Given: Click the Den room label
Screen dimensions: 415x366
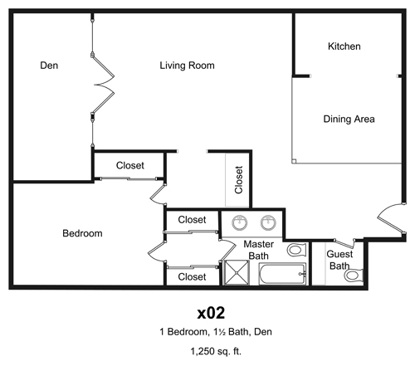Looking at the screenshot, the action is [x=49, y=66].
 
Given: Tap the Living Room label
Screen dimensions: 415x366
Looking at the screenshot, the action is [x=187, y=66].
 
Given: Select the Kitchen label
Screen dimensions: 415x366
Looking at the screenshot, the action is [x=344, y=46].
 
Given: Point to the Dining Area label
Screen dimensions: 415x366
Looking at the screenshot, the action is [x=349, y=119].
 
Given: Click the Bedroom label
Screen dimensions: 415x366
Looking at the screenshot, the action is [x=82, y=233].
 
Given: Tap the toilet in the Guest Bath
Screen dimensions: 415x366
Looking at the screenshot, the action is [x=354, y=275].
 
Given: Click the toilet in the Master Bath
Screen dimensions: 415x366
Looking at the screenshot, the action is [x=296, y=250].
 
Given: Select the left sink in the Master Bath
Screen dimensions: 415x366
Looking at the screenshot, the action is [x=240, y=222].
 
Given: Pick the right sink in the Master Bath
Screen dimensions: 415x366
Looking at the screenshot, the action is [x=268, y=222].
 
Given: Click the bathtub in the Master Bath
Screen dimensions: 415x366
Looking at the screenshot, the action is [x=282, y=274].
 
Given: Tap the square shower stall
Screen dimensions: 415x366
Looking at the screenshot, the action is [x=237, y=273].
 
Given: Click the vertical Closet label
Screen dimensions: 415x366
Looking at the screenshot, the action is [x=238, y=180].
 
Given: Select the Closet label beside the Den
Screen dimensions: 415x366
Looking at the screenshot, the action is [x=130, y=165].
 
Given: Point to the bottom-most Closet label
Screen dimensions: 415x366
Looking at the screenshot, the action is [x=192, y=276].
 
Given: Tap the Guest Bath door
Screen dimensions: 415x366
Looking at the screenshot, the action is [x=344, y=244].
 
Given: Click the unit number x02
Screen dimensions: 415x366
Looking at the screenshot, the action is [x=211, y=313].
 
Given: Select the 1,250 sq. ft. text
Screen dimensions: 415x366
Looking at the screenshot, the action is [x=216, y=351].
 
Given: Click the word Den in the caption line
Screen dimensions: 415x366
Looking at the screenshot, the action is [x=263, y=331].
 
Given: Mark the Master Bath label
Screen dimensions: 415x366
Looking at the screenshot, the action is [x=259, y=250].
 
